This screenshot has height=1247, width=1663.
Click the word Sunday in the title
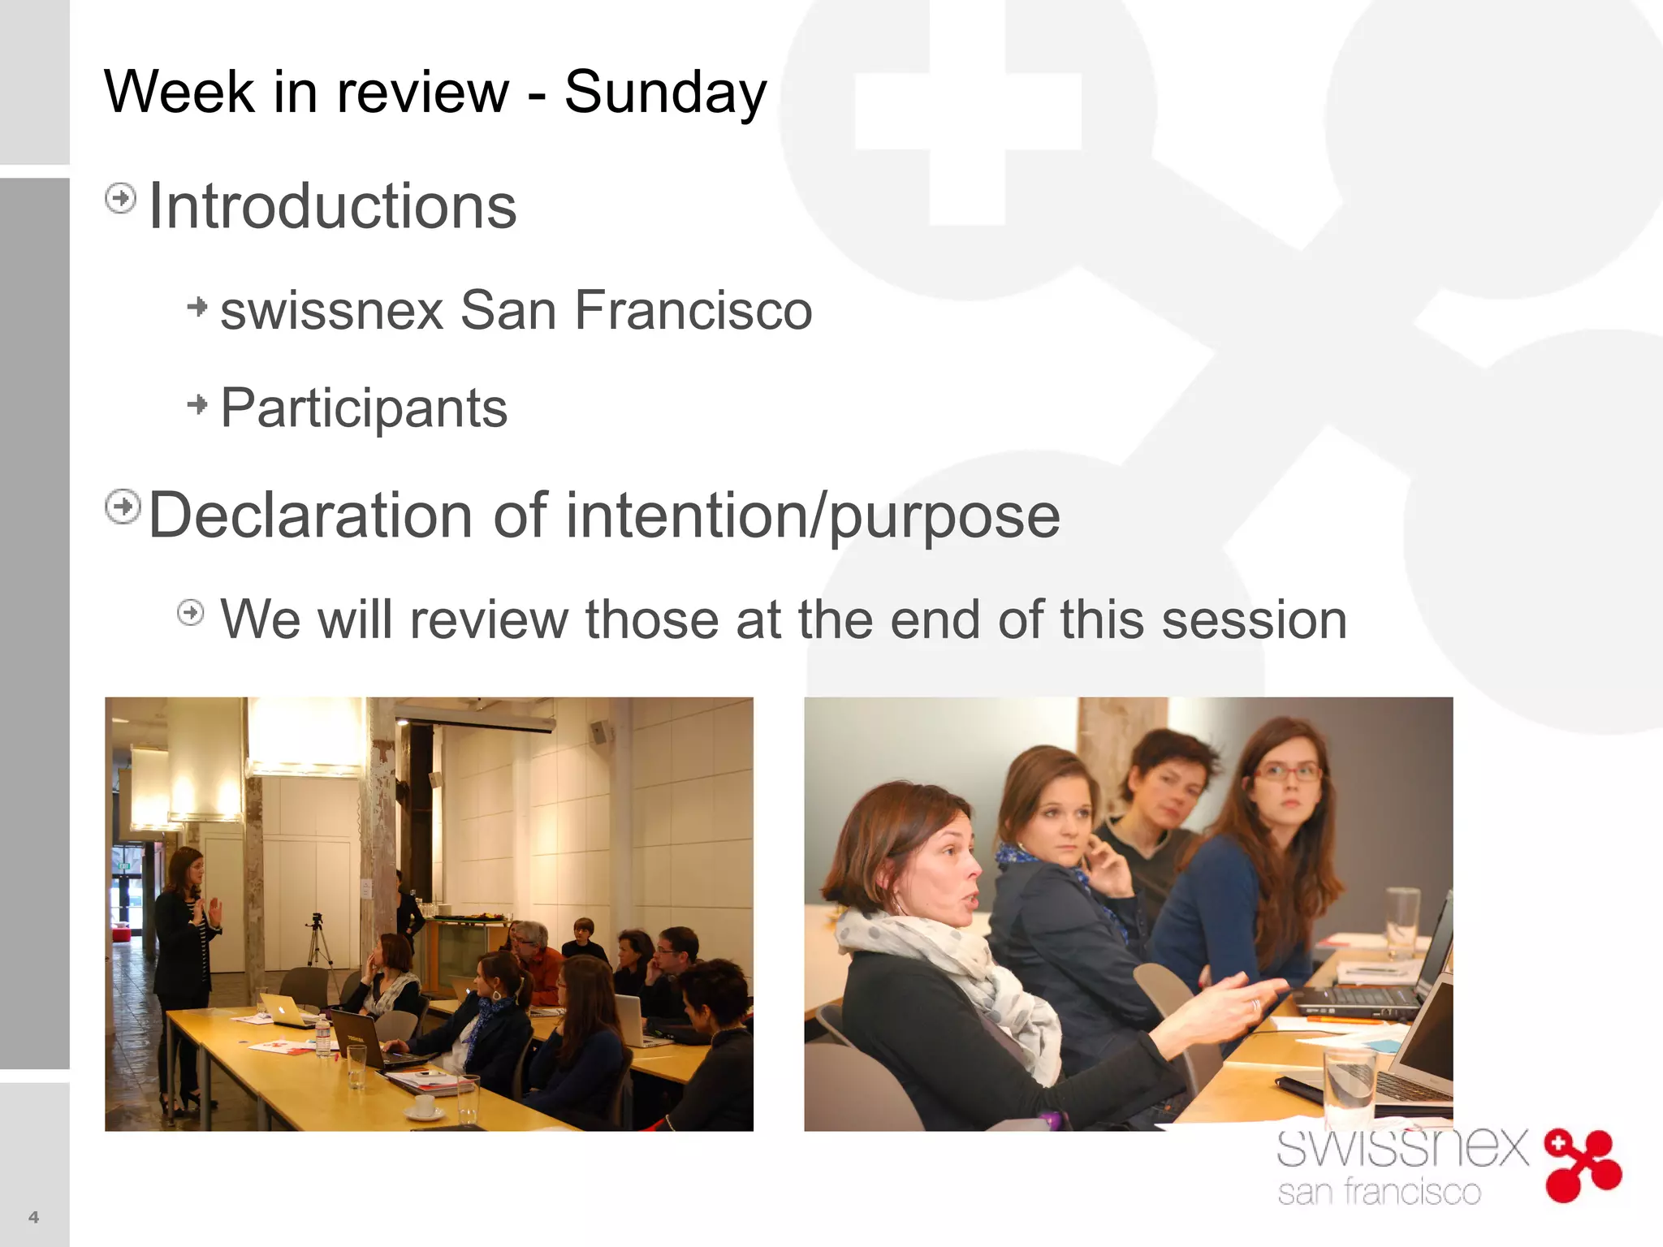coord(665,92)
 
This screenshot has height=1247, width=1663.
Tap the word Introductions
coord(332,206)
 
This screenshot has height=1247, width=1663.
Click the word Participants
coord(364,408)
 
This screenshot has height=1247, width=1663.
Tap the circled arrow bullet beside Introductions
coord(121,198)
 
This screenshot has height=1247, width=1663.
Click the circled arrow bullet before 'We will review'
coord(191,612)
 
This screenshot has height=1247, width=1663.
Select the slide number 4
coord(33,1216)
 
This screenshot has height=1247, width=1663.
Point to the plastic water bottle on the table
coord(323,1036)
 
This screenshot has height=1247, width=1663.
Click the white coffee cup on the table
coord(424,1106)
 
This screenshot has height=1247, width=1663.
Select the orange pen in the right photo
coord(1344,1019)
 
